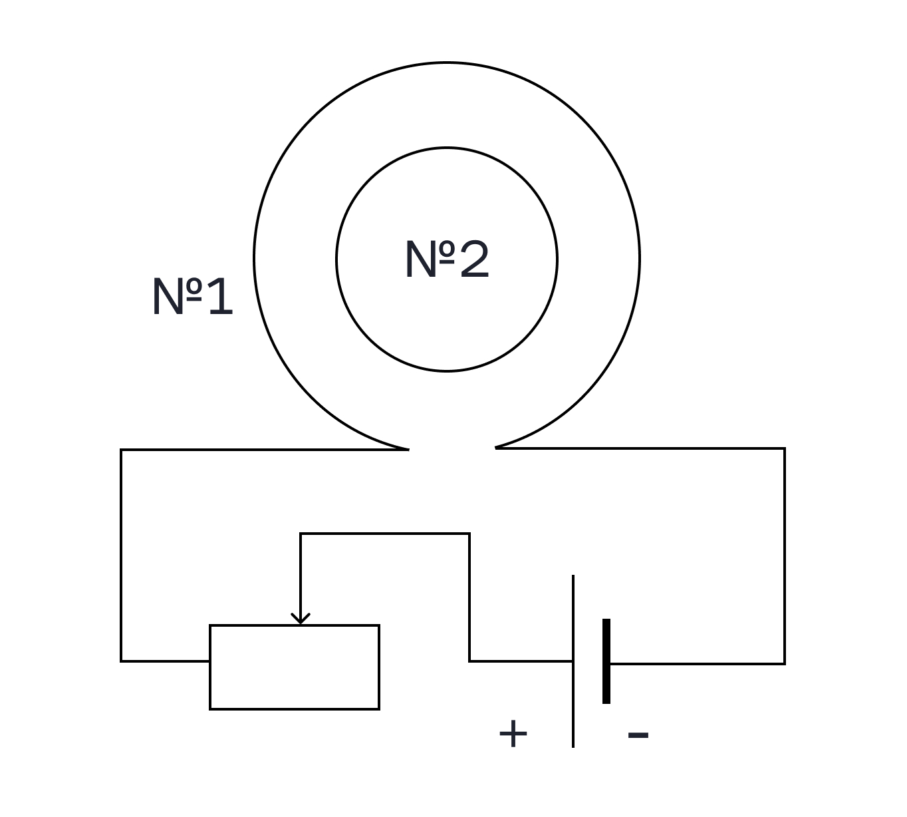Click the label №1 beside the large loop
(x=193, y=296)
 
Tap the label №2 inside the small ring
(x=447, y=259)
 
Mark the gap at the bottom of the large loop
(x=452, y=449)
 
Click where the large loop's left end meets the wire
(x=408, y=449)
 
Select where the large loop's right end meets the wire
(x=496, y=448)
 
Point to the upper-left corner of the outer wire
(x=121, y=450)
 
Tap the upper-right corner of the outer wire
(x=785, y=448)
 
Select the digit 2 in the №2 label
(x=474, y=259)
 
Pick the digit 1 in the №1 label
(x=221, y=296)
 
